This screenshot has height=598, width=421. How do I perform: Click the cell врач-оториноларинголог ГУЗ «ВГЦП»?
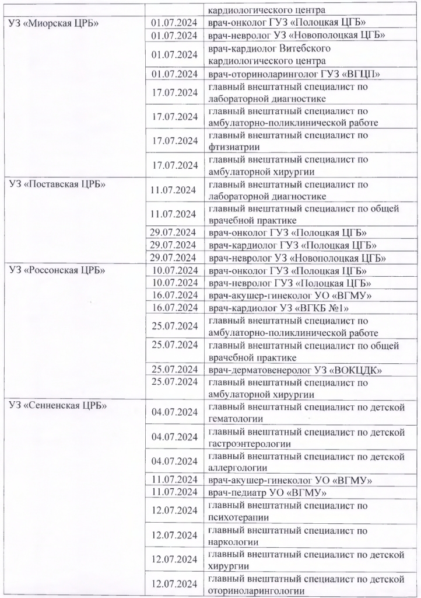pos(294,74)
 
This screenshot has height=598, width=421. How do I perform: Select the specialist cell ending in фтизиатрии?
pos(288,141)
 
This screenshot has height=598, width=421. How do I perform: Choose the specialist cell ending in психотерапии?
pos(288,512)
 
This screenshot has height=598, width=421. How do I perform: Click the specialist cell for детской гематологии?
pos(307,413)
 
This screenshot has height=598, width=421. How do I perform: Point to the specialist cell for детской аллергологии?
pos(307,462)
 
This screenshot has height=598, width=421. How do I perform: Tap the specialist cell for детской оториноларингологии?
pos(307,585)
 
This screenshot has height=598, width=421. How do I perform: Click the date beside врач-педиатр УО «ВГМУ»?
pos(173,493)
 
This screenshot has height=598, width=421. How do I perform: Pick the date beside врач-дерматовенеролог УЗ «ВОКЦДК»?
pos(173,369)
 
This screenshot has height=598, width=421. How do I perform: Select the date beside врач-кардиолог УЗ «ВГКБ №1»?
pos(173,307)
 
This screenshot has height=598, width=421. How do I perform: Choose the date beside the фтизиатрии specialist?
pos(173,141)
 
